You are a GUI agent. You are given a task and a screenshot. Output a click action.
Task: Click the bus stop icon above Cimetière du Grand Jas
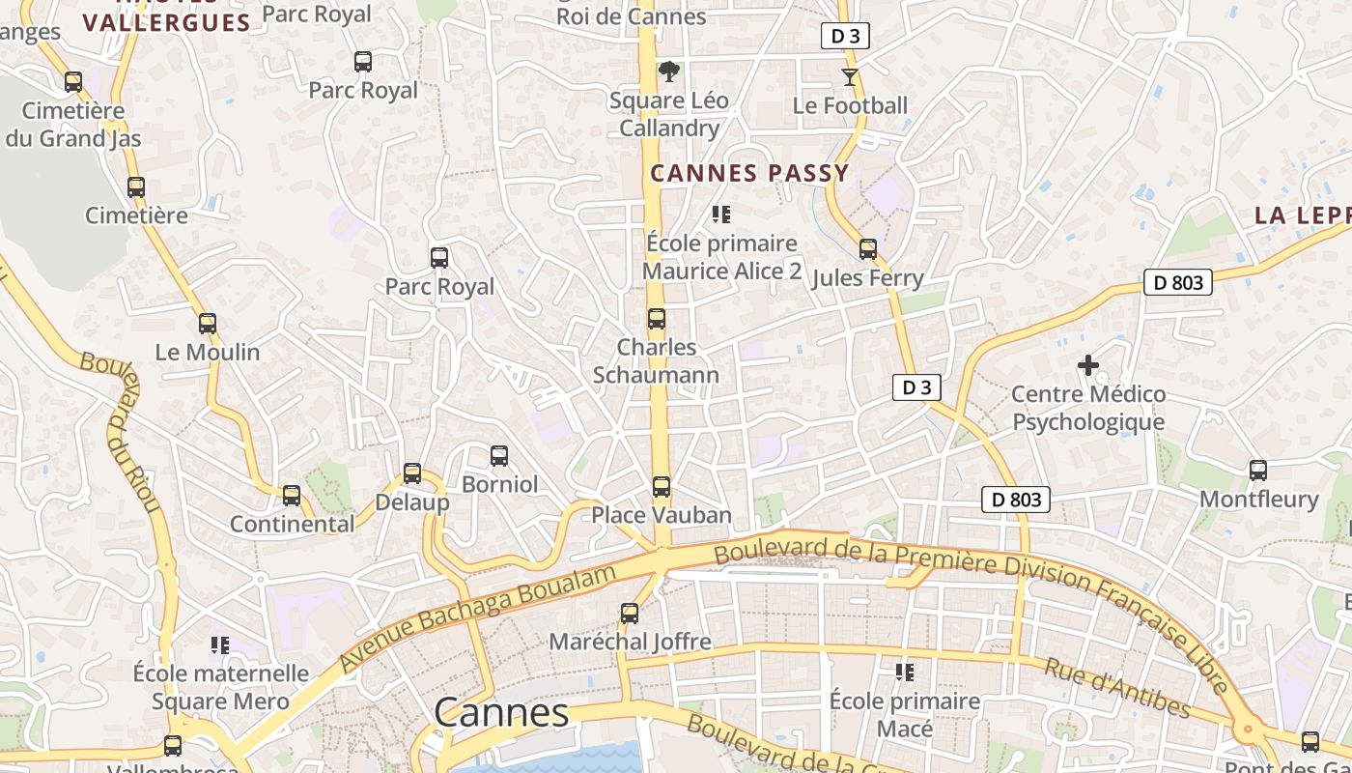[73, 82]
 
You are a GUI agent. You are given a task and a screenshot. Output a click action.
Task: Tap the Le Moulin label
[208, 352]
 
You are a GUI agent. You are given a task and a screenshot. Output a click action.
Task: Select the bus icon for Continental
[292, 496]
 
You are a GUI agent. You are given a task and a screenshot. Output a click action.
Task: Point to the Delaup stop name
[412, 502]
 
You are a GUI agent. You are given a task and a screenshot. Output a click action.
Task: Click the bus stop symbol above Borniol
[499, 456]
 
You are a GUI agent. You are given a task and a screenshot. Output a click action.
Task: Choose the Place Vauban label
[662, 515]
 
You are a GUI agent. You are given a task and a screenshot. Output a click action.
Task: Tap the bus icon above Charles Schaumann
[657, 319]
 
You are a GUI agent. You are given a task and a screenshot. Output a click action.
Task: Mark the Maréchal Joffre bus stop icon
[630, 614]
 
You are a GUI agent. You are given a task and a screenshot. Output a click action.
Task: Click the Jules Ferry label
[868, 278]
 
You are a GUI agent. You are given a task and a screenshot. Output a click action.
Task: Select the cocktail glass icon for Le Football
[850, 77]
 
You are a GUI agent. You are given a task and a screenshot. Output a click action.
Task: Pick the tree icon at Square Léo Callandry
[668, 72]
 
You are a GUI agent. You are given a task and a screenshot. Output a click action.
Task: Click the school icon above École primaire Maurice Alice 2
[721, 215]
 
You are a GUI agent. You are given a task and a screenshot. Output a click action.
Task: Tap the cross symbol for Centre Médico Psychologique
[1088, 365]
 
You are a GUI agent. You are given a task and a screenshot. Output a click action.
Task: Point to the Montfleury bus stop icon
[1258, 471]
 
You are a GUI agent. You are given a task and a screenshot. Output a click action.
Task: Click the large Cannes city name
[501, 713]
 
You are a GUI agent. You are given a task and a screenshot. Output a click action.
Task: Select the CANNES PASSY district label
[749, 174]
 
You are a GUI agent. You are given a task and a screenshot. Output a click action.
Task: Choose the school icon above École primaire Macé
[905, 672]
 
